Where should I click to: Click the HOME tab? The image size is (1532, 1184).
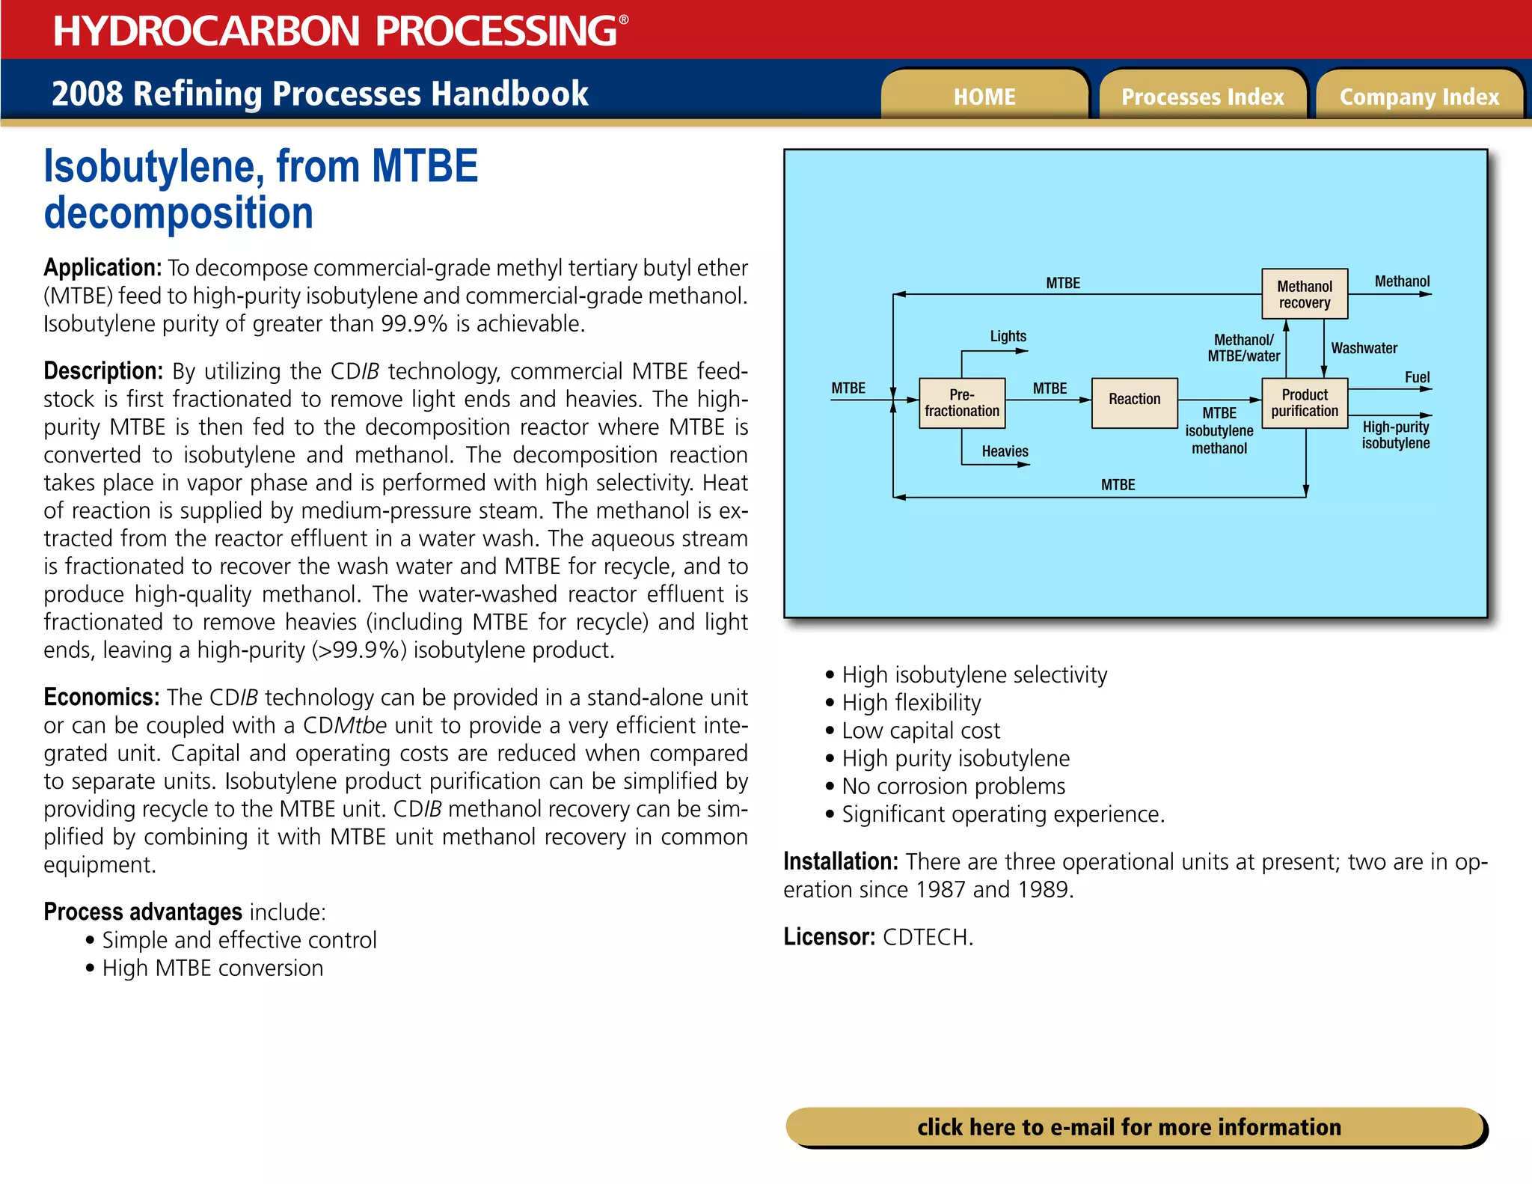pyautogui.click(x=984, y=97)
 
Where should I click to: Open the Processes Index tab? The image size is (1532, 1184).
pyautogui.click(x=1202, y=97)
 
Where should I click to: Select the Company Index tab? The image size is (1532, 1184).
pyautogui.click(x=1419, y=97)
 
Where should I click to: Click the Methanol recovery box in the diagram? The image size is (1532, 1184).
pyautogui.click(x=1305, y=294)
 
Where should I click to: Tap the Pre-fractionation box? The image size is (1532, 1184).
pyautogui.click(x=961, y=403)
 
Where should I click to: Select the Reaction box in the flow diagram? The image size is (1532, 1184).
pyautogui.click(x=1134, y=400)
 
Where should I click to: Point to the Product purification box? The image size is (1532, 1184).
pyautogui.click(x=1305, y=403)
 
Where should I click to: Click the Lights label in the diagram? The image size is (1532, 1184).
pyautogui.click(x=1008, y=336)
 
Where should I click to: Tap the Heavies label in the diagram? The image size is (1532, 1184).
pyautogui.click(x=1005, y=451)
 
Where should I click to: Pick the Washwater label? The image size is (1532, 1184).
pyautogui.click(x=1364, y=348)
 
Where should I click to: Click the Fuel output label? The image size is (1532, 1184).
pyautogui.click(x=1417, y=377)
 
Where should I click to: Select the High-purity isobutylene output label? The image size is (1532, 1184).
pyautogui.click(x=1395, y=435)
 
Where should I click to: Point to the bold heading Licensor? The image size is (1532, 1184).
pyautogui.click(x=829, y=937)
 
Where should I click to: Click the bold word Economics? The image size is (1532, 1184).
pyautogui.click(x=101, y=698)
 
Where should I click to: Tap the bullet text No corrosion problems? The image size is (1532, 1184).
pyautogui.click(x=953, y=787)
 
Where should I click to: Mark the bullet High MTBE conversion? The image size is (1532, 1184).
pyautogui.click(x=212, y=968)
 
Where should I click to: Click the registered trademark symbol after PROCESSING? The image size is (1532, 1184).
pyautogui.click(x=624, y=19)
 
